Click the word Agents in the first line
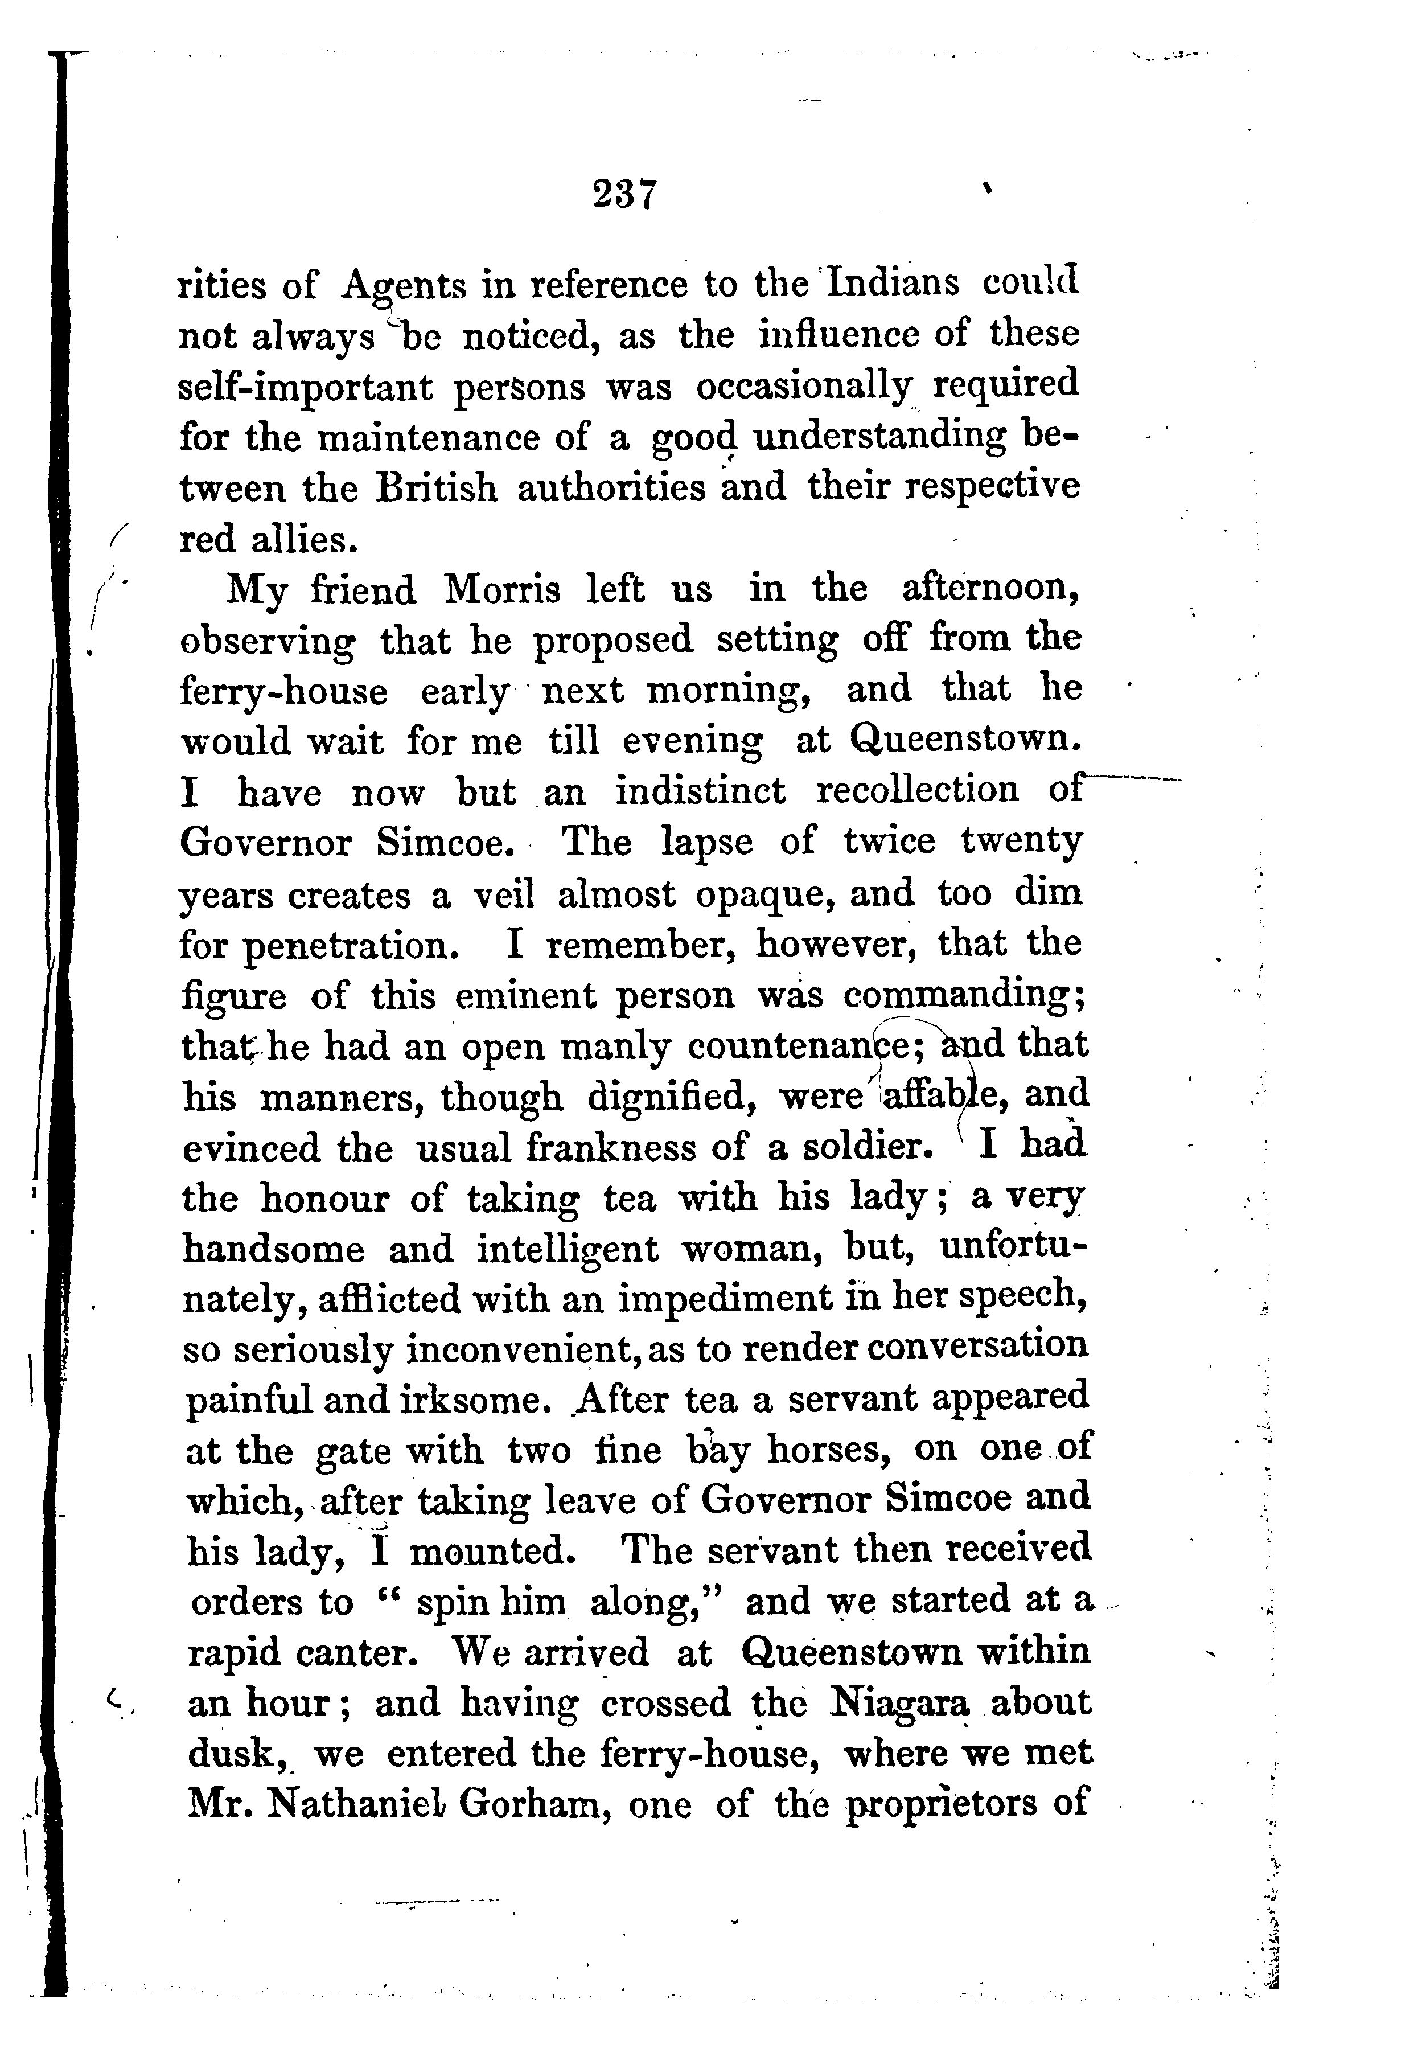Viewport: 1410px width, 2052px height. coord(403,287)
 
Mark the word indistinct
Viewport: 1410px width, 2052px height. coord(700,791)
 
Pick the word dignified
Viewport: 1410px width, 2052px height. coord(672,1098)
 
